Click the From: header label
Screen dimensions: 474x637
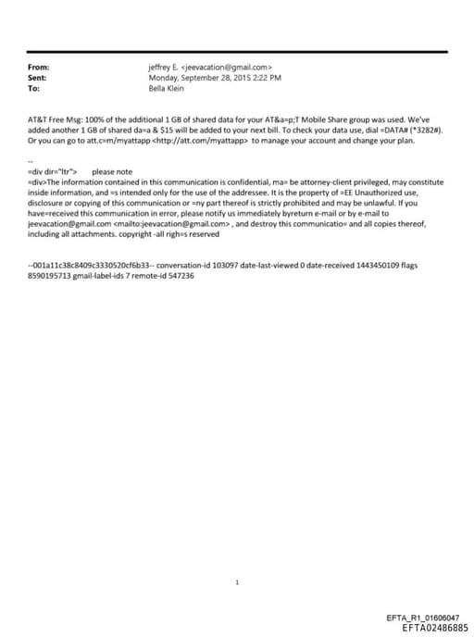[x=40, y=68]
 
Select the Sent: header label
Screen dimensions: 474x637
[x=39, y=78]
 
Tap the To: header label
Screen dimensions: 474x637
[x=35, y=89]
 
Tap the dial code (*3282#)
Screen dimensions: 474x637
[x=422, y=132]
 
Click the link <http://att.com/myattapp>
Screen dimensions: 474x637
[x=201, y=142]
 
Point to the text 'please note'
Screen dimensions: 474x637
[x=112, y=172]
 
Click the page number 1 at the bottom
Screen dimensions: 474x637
[x=237, y=582]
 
